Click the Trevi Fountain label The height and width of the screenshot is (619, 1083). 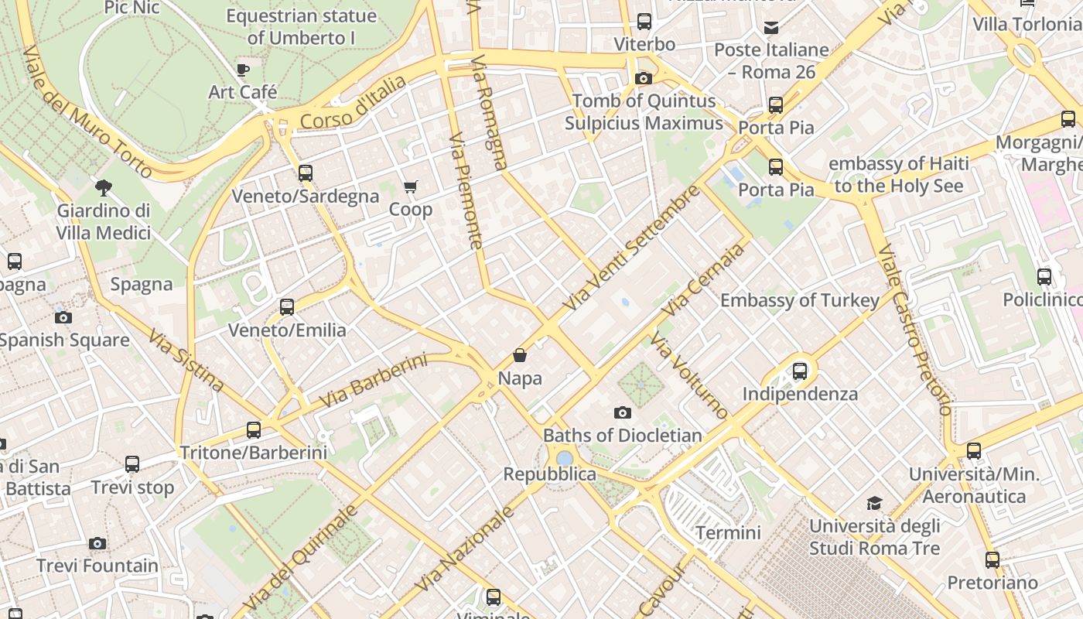pyautogui.click(x=97, y=566)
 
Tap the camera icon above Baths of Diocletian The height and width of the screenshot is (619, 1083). pyautogui.click(x=622, y=413)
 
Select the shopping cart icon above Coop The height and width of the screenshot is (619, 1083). pyautogui.click(x=411, y=187)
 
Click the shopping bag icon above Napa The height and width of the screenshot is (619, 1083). pyautogui.click(x=520, y=356)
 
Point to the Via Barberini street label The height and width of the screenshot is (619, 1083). pyautogui.click(x=373, y=381)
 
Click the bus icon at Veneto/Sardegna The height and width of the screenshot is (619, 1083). pyautogui.click(x=306, y=173)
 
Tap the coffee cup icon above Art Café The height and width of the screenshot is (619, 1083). pyautogui.click(x=243, y=70)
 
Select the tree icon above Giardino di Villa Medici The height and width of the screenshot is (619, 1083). pyautogui.click(x=103, y=187)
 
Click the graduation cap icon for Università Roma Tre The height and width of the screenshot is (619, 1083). pyautogui.click(x=874, y=504)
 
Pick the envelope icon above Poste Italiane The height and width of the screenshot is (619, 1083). pyautogui.click(x=771, y=29)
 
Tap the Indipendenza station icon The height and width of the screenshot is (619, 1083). pyautogui.click(x=800, y=371)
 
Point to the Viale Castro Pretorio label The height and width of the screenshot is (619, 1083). pyautogui.click(x=914, y=330)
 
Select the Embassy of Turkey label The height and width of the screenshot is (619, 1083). pyautogui.click(x=799, y=300)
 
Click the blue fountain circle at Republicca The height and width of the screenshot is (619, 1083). pyautogui.click(x=565, y=458)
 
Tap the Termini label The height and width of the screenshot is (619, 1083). pyautogui.click(x=728, y=532)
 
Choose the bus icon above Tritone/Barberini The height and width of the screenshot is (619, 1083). pyautogui.click(x=254, y=430)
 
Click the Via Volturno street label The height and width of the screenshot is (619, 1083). pyautogui.click(x=688, y=375)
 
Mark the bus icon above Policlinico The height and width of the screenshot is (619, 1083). pyautogui.click(x=1044, y=277)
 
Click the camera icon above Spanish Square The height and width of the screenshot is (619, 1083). pyautogui.click(x=63, y=318)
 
